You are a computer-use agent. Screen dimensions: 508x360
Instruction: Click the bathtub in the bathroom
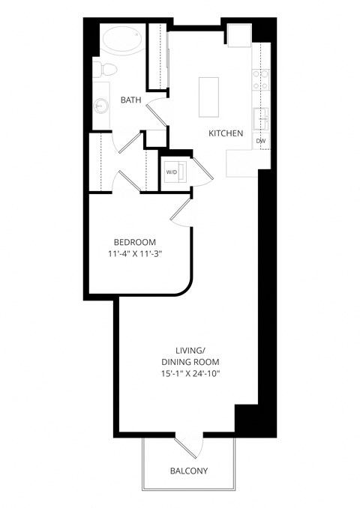pyautogui.click(x=121, y=39)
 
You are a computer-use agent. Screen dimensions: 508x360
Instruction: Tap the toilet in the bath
pyautogui.click(x=105, y=70)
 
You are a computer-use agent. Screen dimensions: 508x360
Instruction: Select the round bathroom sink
pyautogui.click(x=100, y=107)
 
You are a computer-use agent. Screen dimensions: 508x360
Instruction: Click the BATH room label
pyautogui.click(x=131, y=100)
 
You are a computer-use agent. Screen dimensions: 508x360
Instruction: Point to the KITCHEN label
pyautogui.click(x=225, y=133)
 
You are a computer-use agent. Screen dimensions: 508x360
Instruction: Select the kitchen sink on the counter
pyautogui.click(x=261, y=118)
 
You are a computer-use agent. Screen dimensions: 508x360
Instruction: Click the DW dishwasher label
pyautogui.click(x=260, y=141)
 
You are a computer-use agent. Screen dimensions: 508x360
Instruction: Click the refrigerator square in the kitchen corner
pyautogui.click(x=239, y=35)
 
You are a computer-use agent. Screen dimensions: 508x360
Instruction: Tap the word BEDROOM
pyautogui.click(x=135, y=242)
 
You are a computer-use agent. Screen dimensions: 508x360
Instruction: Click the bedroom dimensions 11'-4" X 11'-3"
pyautogui.click(x=135, y=254)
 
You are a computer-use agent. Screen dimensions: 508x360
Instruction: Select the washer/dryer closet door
pyautogui.click(x=203, y=169)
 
